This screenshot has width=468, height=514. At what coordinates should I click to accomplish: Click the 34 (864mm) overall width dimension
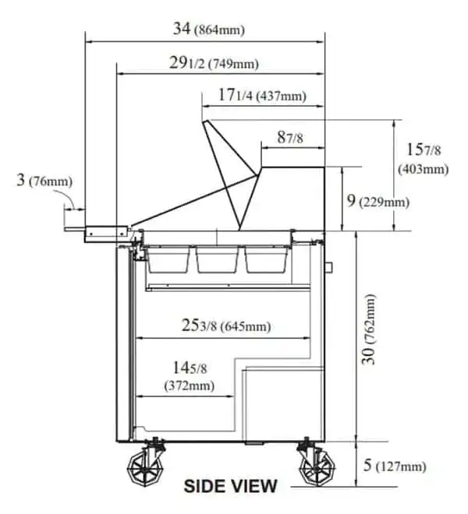pos(208,30)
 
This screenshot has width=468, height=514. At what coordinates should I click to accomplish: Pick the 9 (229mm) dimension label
pos(377,201)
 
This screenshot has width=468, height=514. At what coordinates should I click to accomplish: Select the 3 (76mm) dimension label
pos(44,181)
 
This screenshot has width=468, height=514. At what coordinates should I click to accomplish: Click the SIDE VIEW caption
pos(230,487)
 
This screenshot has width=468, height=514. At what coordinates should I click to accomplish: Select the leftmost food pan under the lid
pos(168,259)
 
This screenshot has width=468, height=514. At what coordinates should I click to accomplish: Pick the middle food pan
pos(218,259)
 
